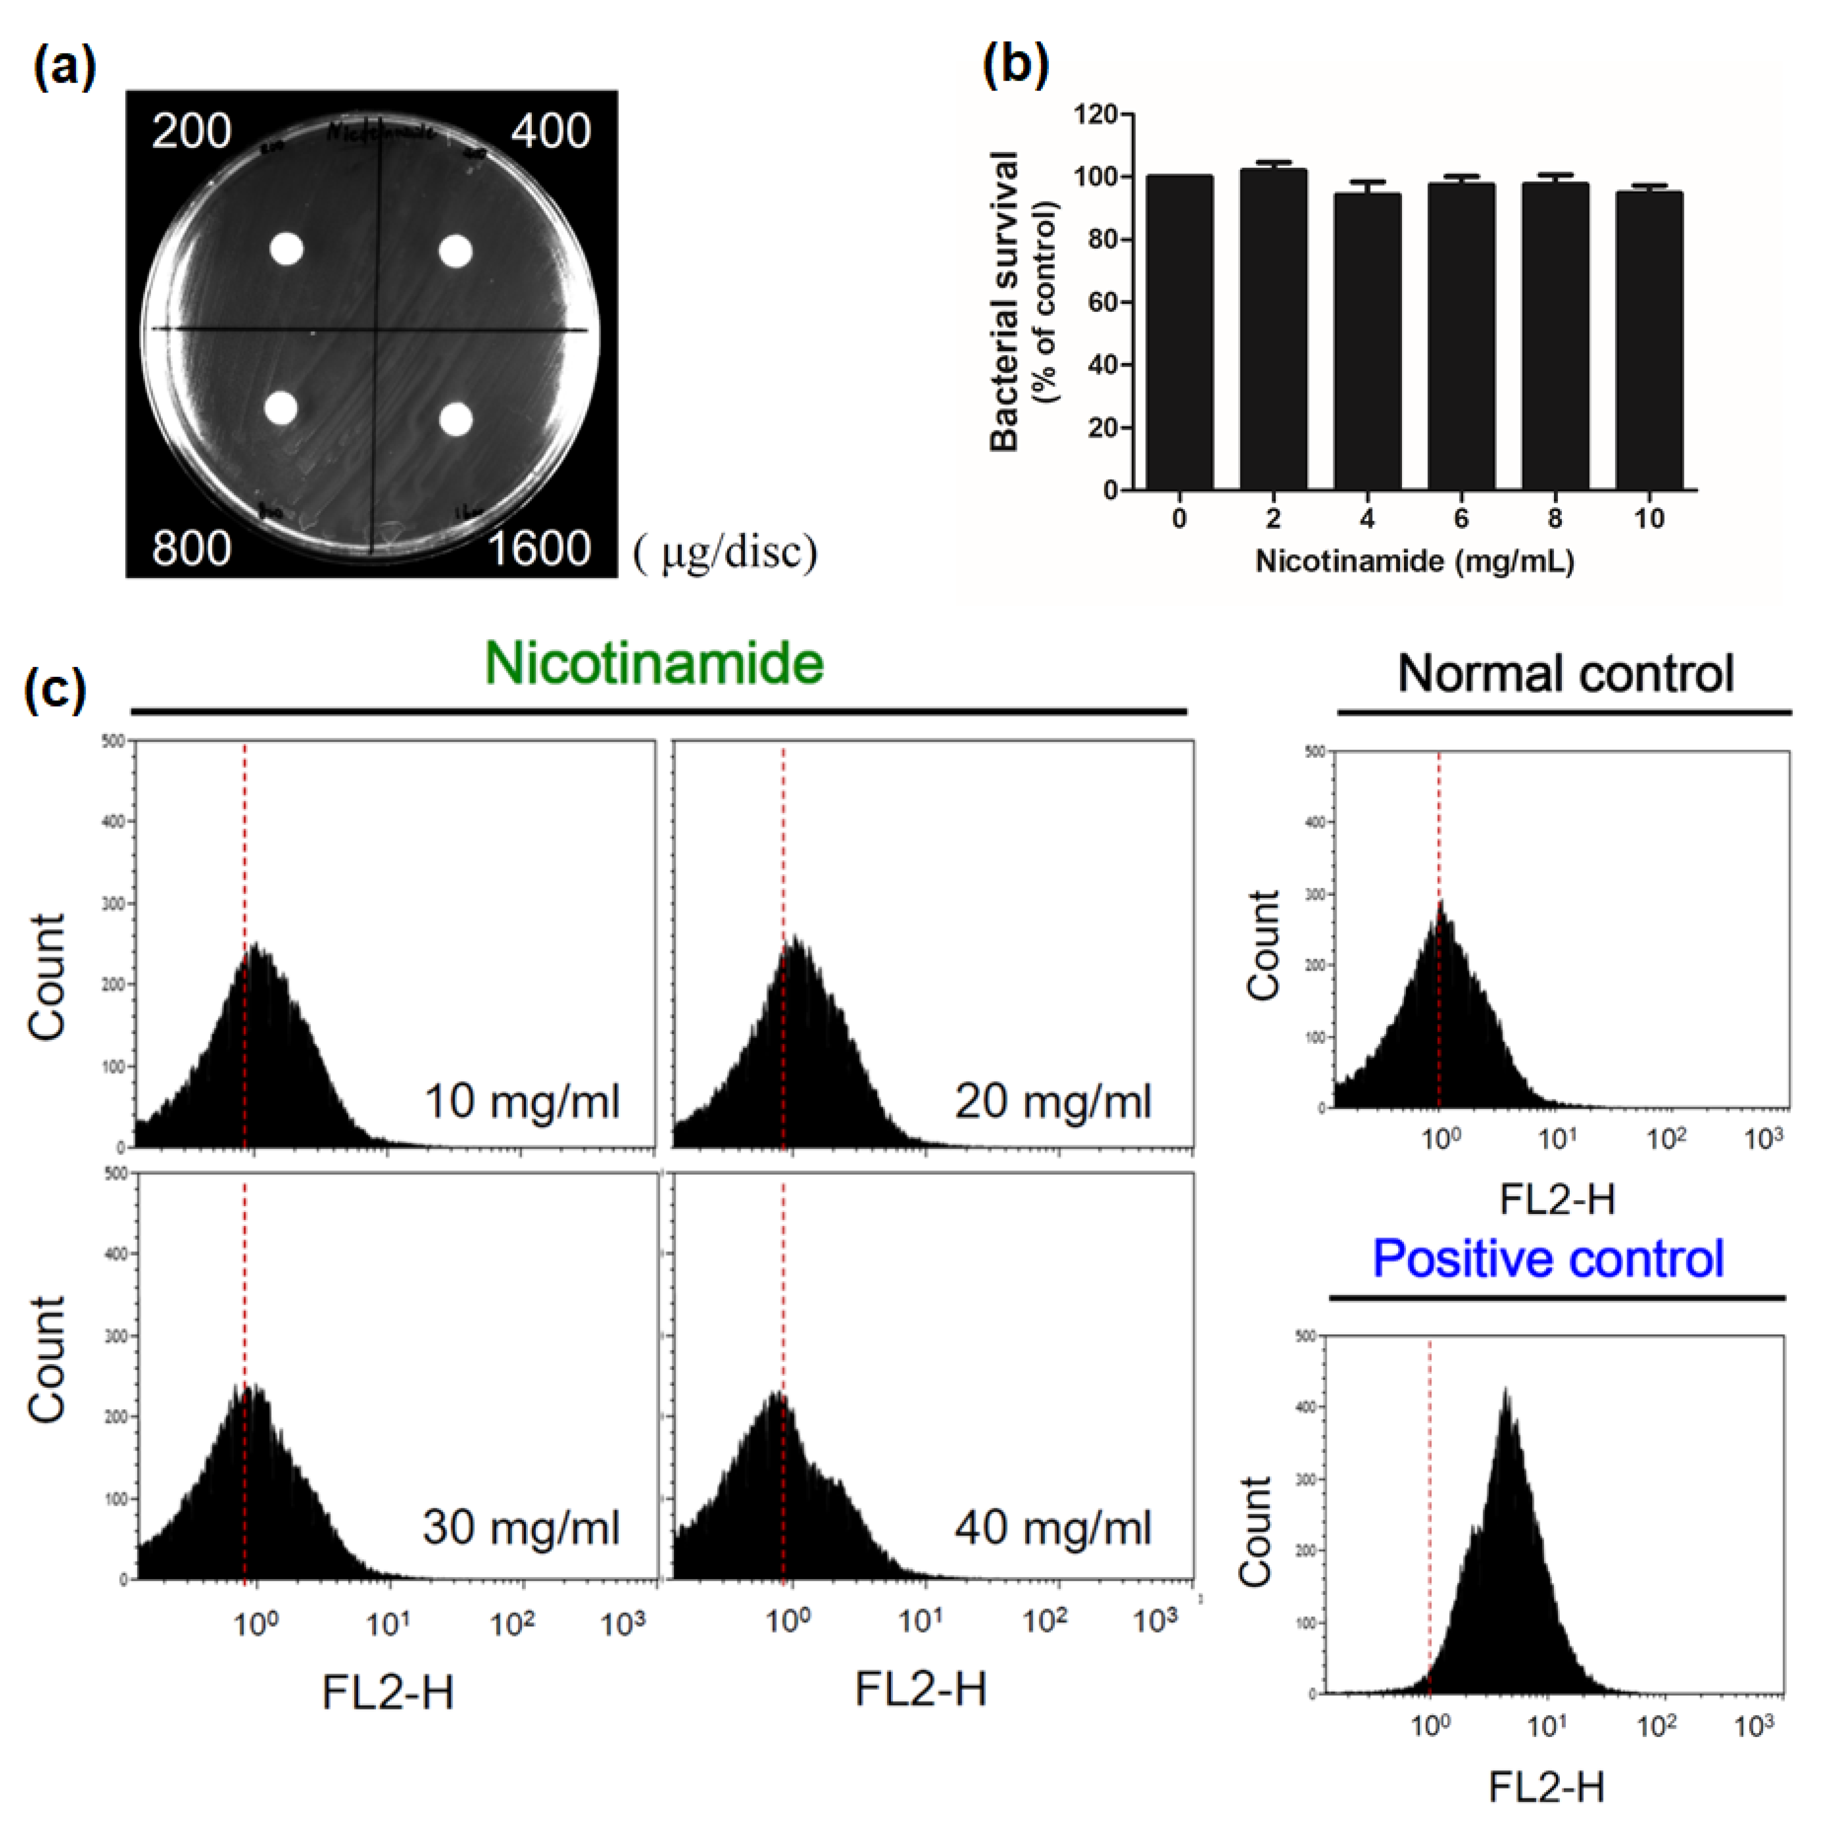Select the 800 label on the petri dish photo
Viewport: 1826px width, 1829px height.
point(191,548)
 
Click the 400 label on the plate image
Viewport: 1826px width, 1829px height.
point(551,131)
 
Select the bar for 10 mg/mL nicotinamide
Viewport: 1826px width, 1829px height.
point(1649,341)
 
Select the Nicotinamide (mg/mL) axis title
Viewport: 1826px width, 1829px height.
point(1414,562)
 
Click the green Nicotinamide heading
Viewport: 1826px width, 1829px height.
point(654,663)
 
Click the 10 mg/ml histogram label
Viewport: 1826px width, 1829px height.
point(521,1101)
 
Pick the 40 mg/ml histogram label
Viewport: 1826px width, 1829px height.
point(1053,1527)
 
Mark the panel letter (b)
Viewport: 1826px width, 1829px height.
point(1016,66)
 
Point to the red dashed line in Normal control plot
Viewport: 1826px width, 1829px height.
point(1439,852)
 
